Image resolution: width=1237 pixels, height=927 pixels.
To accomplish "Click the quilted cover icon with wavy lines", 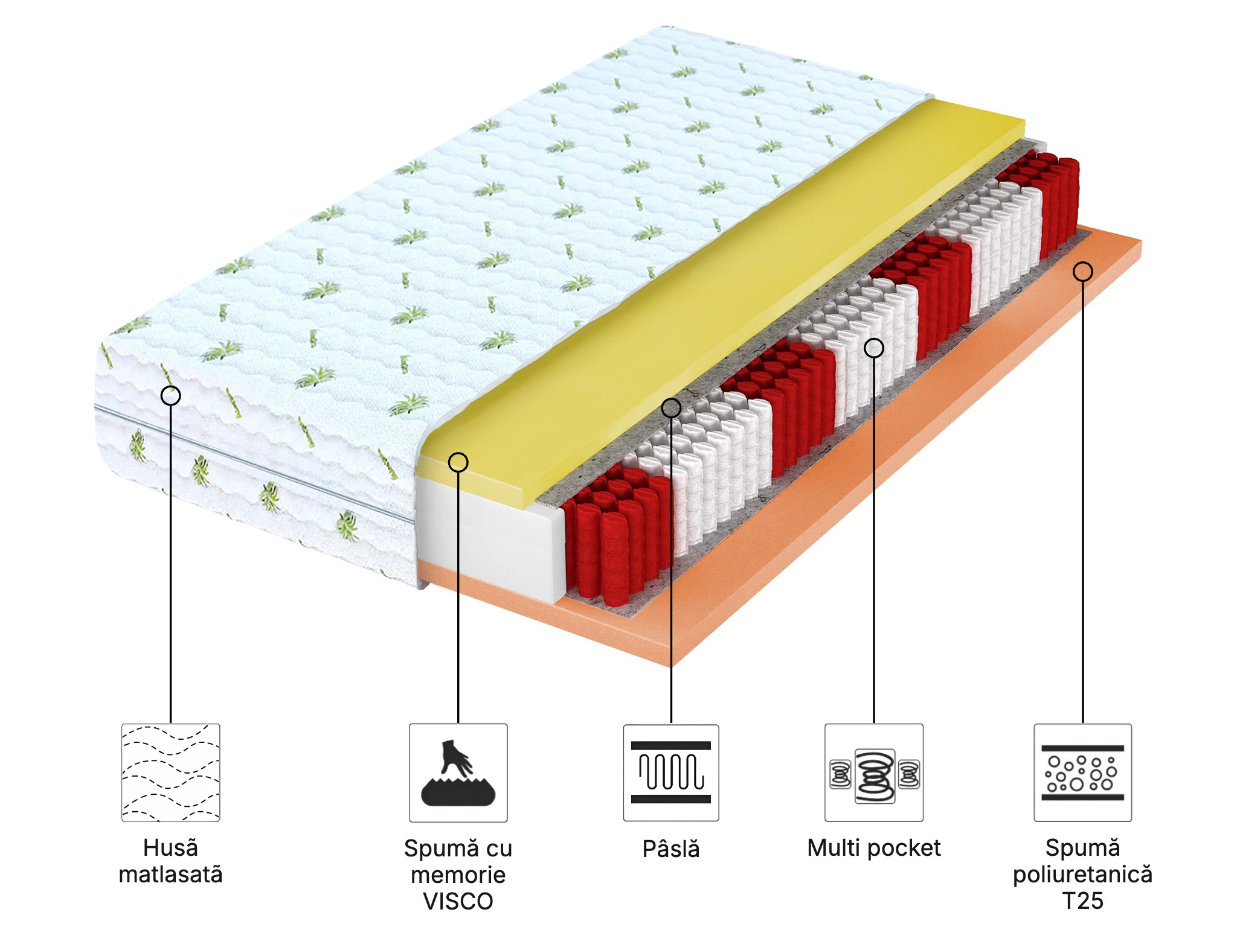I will [x=171, y=772].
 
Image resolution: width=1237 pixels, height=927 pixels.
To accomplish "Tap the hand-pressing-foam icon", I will [x=458, y=772].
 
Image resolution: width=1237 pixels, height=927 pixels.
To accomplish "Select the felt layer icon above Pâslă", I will [x=671, y=772].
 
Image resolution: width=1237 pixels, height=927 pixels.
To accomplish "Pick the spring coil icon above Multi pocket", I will [x=874, y=772].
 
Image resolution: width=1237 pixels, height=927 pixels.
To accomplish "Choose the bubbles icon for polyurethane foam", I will [x=1082, y=772].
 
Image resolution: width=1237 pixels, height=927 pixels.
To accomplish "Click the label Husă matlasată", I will [x=171, y=861].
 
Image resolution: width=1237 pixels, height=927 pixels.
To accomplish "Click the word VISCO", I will [x=458, y=902].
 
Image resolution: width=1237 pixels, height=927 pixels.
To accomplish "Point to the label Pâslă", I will [x=671, y=849].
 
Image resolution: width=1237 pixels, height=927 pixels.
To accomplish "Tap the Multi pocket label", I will [x=874, y=848].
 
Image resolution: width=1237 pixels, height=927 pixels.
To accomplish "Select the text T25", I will [x=1082, y=901].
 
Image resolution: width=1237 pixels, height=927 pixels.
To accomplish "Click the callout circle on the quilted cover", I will [x=171, y=396].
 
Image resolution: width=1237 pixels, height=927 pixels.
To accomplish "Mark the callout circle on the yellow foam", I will [x=458, y=462].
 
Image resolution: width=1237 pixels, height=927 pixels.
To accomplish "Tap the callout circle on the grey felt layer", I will [x=671, y=408].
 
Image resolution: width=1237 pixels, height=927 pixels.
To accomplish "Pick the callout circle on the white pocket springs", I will [x=874, y=348].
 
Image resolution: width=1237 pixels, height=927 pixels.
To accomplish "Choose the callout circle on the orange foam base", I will [x=1082, y=272].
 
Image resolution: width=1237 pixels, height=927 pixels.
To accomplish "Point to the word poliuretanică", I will [x=1082, y=874].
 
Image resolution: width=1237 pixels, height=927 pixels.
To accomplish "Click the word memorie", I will [x=458, y=874].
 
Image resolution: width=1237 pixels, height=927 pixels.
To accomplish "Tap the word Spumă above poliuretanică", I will [x=1082, y=848].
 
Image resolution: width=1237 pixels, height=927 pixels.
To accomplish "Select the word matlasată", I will [x=171, y=874].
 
